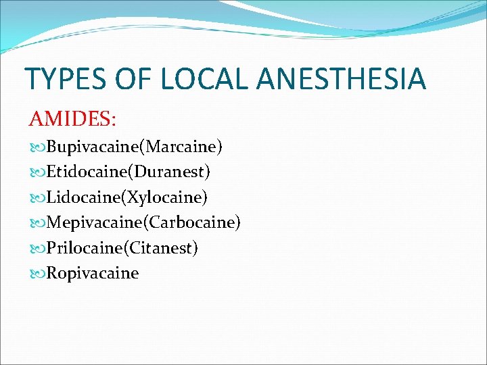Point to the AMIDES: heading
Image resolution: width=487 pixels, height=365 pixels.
[72, 120]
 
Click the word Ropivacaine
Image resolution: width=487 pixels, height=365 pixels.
[93, 273]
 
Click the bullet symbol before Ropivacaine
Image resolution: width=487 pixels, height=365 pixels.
[37, 274]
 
